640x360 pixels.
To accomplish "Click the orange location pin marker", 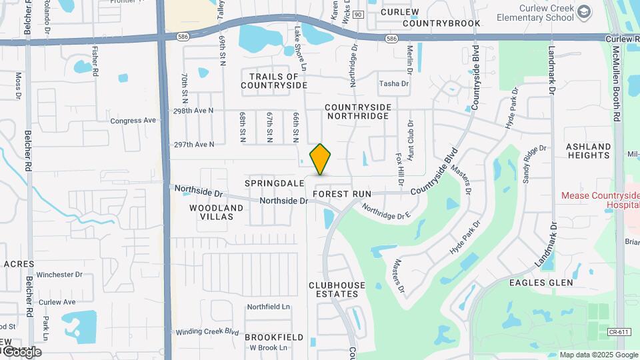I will [320, 159].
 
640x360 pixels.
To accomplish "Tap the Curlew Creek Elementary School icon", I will [584, 12].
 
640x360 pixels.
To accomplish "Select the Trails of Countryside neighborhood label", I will [274, 81].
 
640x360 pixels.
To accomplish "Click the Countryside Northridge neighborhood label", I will [357, 111].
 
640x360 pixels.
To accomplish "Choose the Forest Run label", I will [341, 194].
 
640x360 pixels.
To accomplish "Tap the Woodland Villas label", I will [216, 212].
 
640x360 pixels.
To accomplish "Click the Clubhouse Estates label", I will [337, 289].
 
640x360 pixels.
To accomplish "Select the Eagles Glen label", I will [541, 283].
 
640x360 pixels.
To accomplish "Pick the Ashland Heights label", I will [588, 151].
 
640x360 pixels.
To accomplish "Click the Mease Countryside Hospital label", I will [600, 201].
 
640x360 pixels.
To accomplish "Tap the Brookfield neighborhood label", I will [274, 337].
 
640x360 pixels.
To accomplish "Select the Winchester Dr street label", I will [59, 274].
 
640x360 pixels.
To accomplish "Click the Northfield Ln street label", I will [269, 307].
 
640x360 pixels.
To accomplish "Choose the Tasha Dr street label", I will [393, 83].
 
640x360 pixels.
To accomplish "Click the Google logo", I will [21, 352].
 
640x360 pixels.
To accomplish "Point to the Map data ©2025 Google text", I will [598, 355].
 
